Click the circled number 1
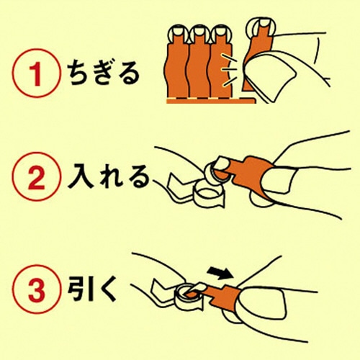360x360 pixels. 35,73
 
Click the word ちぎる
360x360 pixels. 104,73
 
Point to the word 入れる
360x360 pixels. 109,176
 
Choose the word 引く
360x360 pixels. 92,289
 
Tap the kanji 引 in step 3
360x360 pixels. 78,289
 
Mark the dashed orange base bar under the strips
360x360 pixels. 211,101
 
